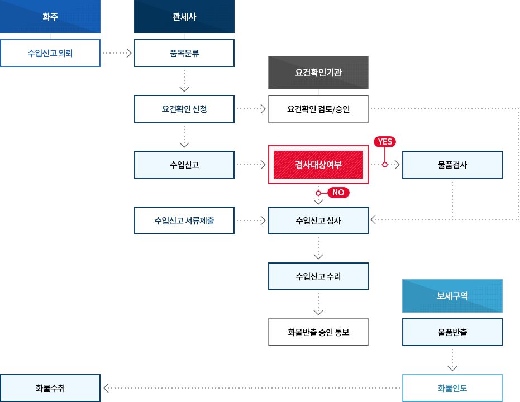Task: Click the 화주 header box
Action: pyautogui.click(x=50, y=17)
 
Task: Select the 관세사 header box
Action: pyautogui.click(x=184, y=17)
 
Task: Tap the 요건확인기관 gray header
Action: pyautogui.click(x=318, y=73)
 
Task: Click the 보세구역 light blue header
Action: pyautogui.click(x=452, y=296)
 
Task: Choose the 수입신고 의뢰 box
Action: pyautogui.click(x=50, y=53)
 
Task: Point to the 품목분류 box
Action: pyautogui.click(x=184, y=53)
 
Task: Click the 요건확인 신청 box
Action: pyautogui.click(x=184, y=109)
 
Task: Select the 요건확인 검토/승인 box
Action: pyautogui.click(x=318, y=109)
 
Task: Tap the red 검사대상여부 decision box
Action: pyautogui.click(x=318, y=165)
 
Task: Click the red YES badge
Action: pyautogui.click(x=385, y=142)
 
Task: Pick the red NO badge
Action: pyautogui.click(x=337, y=193)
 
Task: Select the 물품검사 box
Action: pyautogui.click(x=452, y=165)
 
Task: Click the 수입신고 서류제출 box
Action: pyautogui.click(x=184, y=221)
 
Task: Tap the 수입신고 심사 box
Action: pyautogui.click(x=318, y=221)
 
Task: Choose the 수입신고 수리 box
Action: pyautogui.click(x=318, y=276)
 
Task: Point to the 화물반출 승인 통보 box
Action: pyautogui.click(x=318, y=332)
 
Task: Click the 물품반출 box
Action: pyautogui.click(x=452, y=332)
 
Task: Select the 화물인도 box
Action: pyautogui.click(x=452, y=388)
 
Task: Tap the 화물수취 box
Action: pyautogui.click(x=50, y=388)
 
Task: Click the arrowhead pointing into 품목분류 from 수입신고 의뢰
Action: pyautogui.click(x=128, y=53)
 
